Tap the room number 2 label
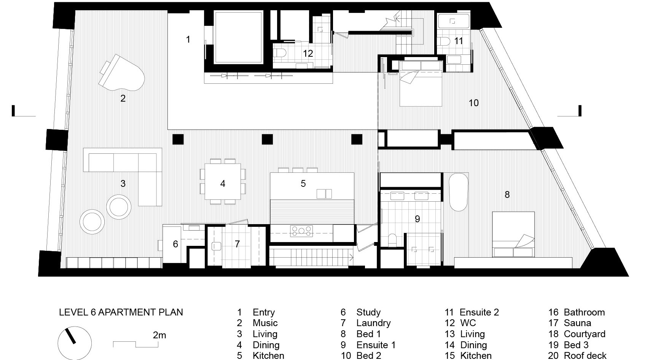pos(123,99)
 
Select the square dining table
pos(223,182)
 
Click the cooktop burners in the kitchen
pos(302,231)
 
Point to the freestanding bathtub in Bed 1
pos(458,192)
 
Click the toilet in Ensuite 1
pos(392,240)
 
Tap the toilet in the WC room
pos(280,53)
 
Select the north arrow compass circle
pos(75,343)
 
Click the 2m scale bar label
pos(159,335)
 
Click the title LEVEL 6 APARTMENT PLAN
pos(121,312)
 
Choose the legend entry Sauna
pos(577,323)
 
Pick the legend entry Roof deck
pos(585,355)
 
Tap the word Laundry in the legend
pos(373,323)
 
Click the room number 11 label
pos(459,41)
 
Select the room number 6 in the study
pos(175,244)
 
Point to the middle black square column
pos(267,139)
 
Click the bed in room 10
pos(421,84)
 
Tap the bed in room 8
pos(513,234)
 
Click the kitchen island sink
pos(324,194)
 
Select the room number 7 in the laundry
pos(237,244)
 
